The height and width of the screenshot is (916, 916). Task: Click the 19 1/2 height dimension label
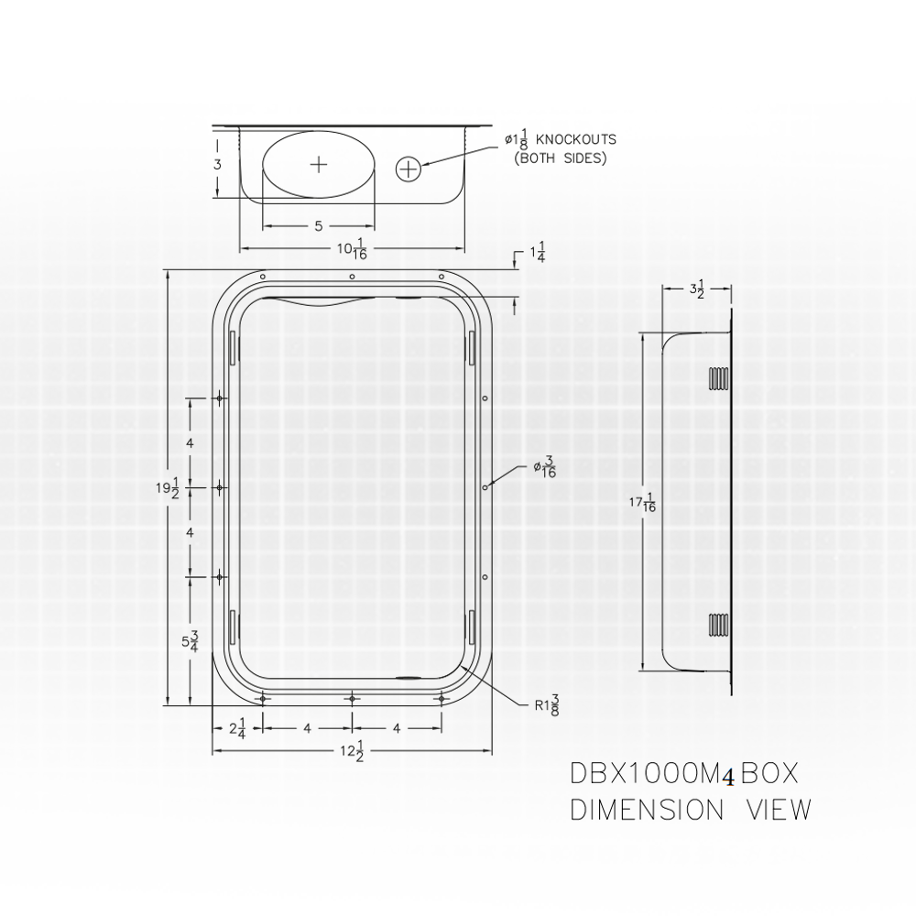pos(166,488)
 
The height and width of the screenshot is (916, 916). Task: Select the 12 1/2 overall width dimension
pos(353,752)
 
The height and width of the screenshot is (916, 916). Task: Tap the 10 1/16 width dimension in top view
pos(353,248)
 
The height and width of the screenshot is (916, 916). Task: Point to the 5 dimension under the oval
pos(318,224)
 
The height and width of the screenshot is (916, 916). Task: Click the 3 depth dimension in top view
pos(217,165)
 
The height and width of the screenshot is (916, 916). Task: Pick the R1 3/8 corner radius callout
pos(547,705)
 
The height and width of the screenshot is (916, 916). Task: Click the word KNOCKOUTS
pos(575,140)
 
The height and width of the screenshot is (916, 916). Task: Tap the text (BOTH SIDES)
pos(560,158)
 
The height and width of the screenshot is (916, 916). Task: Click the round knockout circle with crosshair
pos(409,169)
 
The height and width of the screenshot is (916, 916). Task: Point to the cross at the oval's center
pos(319,165)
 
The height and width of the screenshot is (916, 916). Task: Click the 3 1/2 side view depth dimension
pos(697,290)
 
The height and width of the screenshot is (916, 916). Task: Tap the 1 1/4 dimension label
pos(537,253)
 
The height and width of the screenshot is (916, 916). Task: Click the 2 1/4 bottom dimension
pos(235,729)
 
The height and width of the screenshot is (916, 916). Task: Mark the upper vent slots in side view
pos(718,379)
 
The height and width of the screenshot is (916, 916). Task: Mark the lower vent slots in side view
pos(718,625)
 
